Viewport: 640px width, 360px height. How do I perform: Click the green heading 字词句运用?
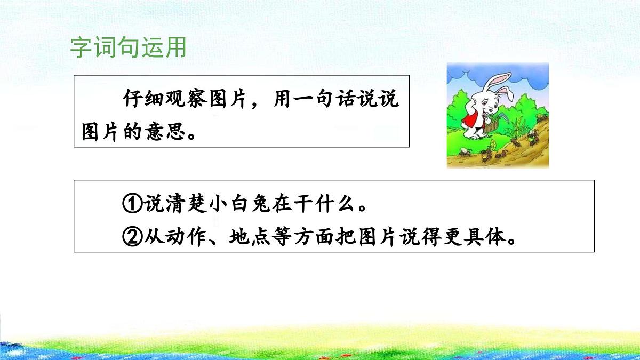tap(128, 47)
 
